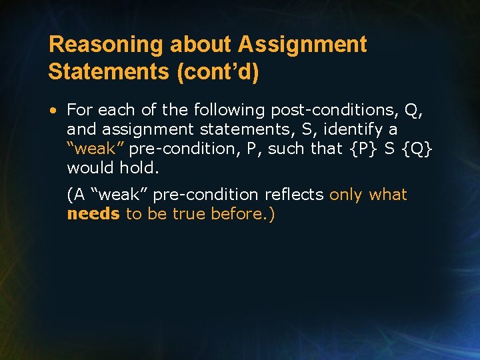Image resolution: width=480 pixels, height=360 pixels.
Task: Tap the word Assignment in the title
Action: click(x=302, y=45)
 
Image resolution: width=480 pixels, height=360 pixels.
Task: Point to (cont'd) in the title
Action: click(x=216, y=72)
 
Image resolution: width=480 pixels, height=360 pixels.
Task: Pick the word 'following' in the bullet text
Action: click(x=224, y=109)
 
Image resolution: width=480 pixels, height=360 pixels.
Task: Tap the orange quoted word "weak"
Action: click(x=92, y=148)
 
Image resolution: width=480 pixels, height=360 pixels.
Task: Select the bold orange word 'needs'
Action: click(x=93, y=214)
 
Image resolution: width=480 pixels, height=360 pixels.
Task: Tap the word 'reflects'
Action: click(x=293, y=195)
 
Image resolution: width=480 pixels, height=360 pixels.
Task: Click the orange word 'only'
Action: click(x=346, y=195)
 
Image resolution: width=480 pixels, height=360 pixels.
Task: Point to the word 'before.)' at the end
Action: click(x=243, y=214)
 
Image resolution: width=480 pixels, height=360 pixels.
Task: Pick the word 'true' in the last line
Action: click(x=190, y=214)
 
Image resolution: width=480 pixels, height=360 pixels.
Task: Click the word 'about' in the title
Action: click(x=202, y=45)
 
